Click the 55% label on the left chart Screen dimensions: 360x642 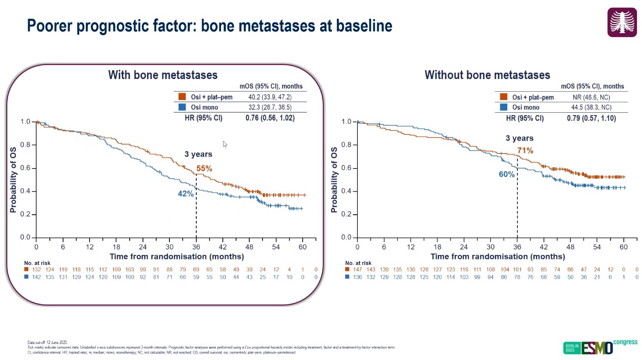pyautogui.click(x=204, y=169)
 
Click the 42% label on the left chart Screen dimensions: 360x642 pyautogui.click(x=186, y=194)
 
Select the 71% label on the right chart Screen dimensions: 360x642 pyautogui.click(x=525, y=150)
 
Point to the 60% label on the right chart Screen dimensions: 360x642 pyautogui.click(x=507, y=175)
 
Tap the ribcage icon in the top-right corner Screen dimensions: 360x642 pyautogui.click(x=622, y=22)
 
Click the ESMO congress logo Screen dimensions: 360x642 pyautogui.click(x=600, y=347)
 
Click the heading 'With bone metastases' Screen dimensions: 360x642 pyautogui.click(x=163, y=75)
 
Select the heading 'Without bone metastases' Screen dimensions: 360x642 pyautogui.click(x=487, y=75)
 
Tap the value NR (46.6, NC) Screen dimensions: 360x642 pyautogui.click(x=591, y=97)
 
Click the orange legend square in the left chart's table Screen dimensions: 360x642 pyautogui.click(x=182, y=97)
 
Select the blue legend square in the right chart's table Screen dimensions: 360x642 pyautogui.click(x=504, y=107)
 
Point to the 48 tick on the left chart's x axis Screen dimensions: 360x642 pyautogui.click(x=249, y=247)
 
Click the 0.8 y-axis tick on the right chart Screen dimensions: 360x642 pyautogui.click(x=347, y=145)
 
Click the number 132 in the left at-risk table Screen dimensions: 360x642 pyautogui.click(x=37, y=270)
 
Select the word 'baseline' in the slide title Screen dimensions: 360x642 pyautogui.click(x=364, y=25)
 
